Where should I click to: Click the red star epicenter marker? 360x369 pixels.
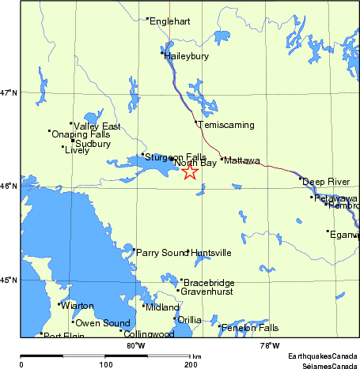tap(190, 172)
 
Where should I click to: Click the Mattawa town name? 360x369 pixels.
tap(242, 160)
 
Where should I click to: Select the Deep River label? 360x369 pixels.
tap(324, 181)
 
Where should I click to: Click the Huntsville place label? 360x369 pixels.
tap(211, 253)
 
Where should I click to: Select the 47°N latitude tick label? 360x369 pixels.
tap(9, 93)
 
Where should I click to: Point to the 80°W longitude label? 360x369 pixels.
tap(135, 345)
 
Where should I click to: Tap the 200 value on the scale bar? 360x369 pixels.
tap(190, 363)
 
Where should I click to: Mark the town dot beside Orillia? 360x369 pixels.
tap(175, 318)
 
